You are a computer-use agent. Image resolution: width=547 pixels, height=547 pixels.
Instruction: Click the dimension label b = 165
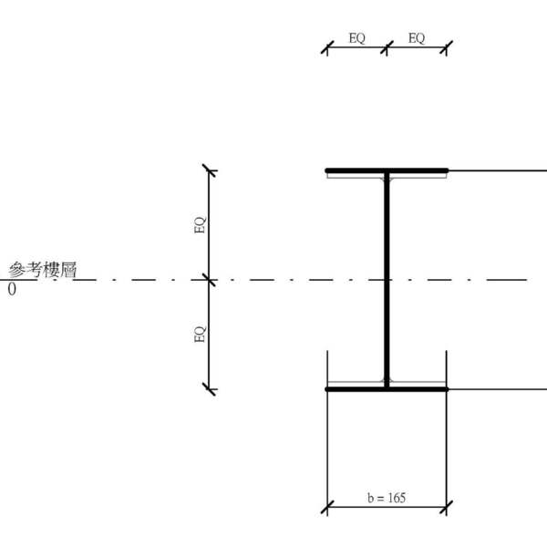point(387,498)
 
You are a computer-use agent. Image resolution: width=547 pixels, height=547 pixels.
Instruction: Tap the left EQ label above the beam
point(356,38)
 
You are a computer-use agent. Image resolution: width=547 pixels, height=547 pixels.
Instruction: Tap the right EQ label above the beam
point(417,38)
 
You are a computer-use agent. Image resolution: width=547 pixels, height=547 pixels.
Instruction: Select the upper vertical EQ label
point(201,225)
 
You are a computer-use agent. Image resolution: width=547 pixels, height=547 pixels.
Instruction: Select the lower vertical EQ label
point(201,335)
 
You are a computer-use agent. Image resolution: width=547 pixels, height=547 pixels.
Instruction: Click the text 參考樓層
point(43,270)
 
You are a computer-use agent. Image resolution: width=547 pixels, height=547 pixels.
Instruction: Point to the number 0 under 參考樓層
point(12,289)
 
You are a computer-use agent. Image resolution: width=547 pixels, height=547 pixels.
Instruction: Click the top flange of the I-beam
point(387,170)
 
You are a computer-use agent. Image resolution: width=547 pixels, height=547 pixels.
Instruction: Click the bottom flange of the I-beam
point(387,389)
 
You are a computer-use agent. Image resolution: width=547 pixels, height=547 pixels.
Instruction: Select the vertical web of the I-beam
point(387,280)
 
